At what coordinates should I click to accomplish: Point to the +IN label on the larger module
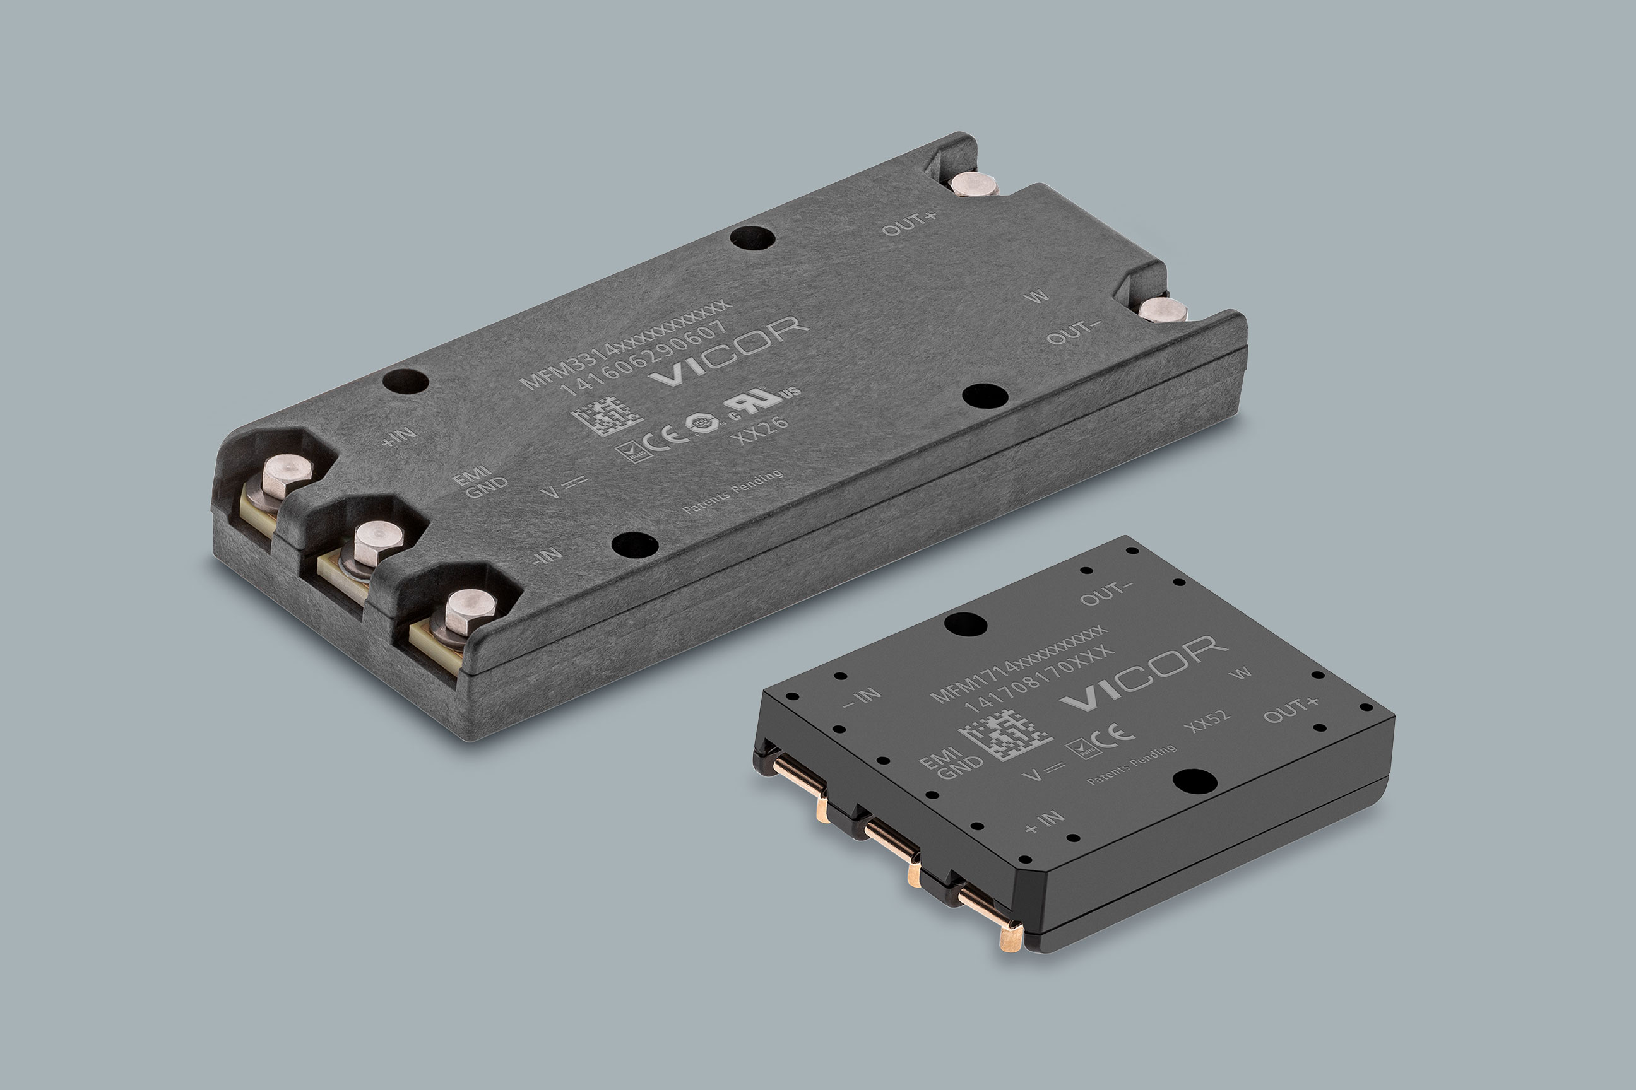[400, 436]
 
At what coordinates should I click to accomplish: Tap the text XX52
[1208, 720]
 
